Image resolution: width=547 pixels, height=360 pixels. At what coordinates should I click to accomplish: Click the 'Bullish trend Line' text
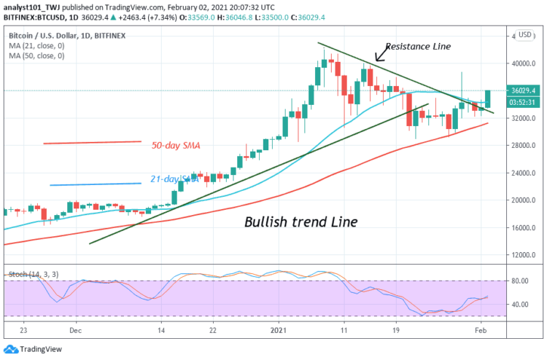[x=300, y=222]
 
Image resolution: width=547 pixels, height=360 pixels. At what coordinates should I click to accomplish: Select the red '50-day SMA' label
[x=175, y=145]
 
